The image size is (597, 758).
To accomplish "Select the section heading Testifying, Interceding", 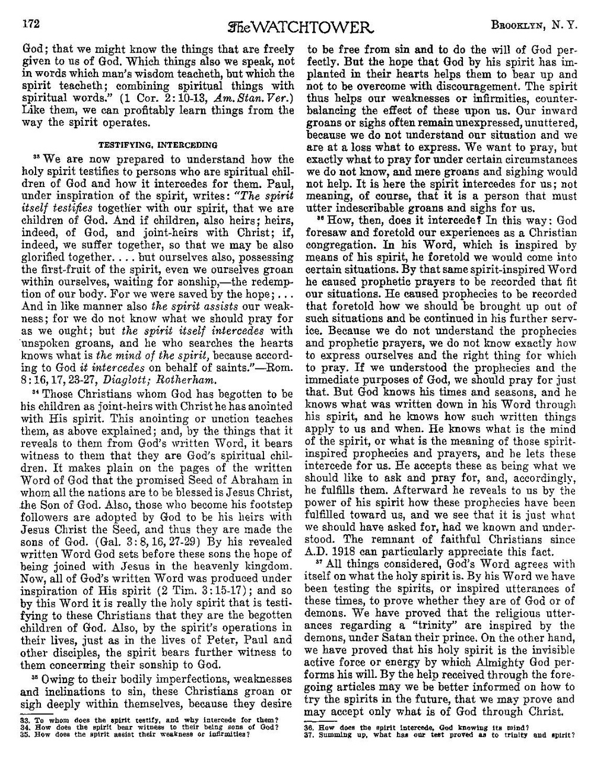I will click(149, 144).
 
